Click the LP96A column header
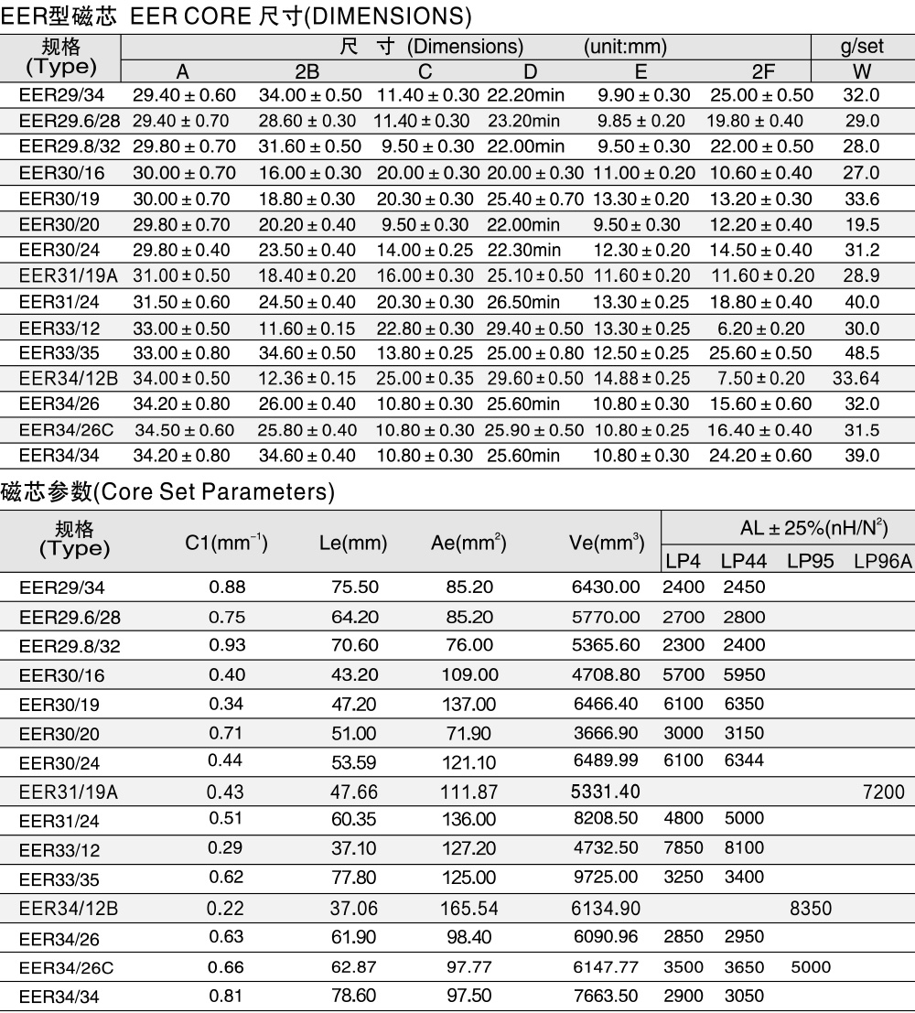[x=883, y=561]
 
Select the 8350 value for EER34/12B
[x=811, y=908]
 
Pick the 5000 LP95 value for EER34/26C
[x=811, y=966]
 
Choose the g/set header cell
[x=862, y=46]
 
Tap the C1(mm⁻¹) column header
[x=226, y=543]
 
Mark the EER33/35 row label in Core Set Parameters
[x=59, y=879]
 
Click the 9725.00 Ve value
[x=606, y=878]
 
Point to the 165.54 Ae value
[x=468, y=908]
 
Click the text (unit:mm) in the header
[x=625, y=46]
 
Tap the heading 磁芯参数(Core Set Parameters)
[x=167, y=491]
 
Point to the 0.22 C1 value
[x=226, y=908]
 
